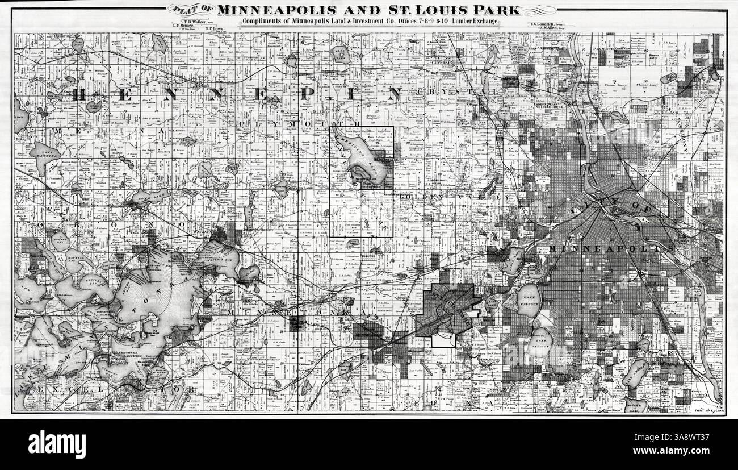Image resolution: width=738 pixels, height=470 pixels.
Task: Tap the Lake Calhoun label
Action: [x=529, y=301]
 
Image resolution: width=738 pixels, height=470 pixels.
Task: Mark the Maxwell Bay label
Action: [x=74, y=261]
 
